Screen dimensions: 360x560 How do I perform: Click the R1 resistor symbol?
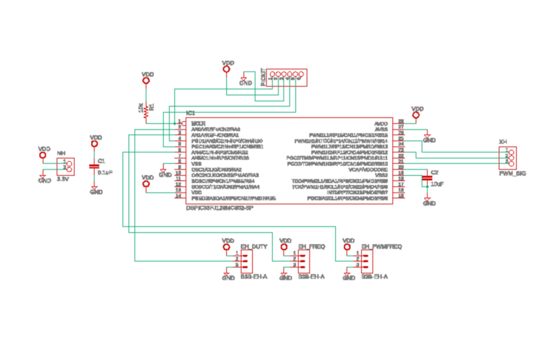[146, 109]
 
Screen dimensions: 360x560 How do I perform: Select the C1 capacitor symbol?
[95, 166]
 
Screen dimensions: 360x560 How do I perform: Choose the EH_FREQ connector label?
[311, 247]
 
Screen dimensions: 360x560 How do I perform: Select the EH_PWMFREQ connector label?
[381, 247]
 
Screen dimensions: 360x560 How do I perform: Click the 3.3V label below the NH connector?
[63, 180]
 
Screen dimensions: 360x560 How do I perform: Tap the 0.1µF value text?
[106, 172]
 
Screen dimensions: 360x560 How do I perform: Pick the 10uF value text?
[437, 184]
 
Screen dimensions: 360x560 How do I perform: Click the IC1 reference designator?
[190, 113]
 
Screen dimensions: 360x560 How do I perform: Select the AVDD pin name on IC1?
[381, 123]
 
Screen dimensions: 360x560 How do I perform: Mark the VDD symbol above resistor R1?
[146, 77]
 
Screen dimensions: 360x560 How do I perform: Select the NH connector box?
[68, 166]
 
